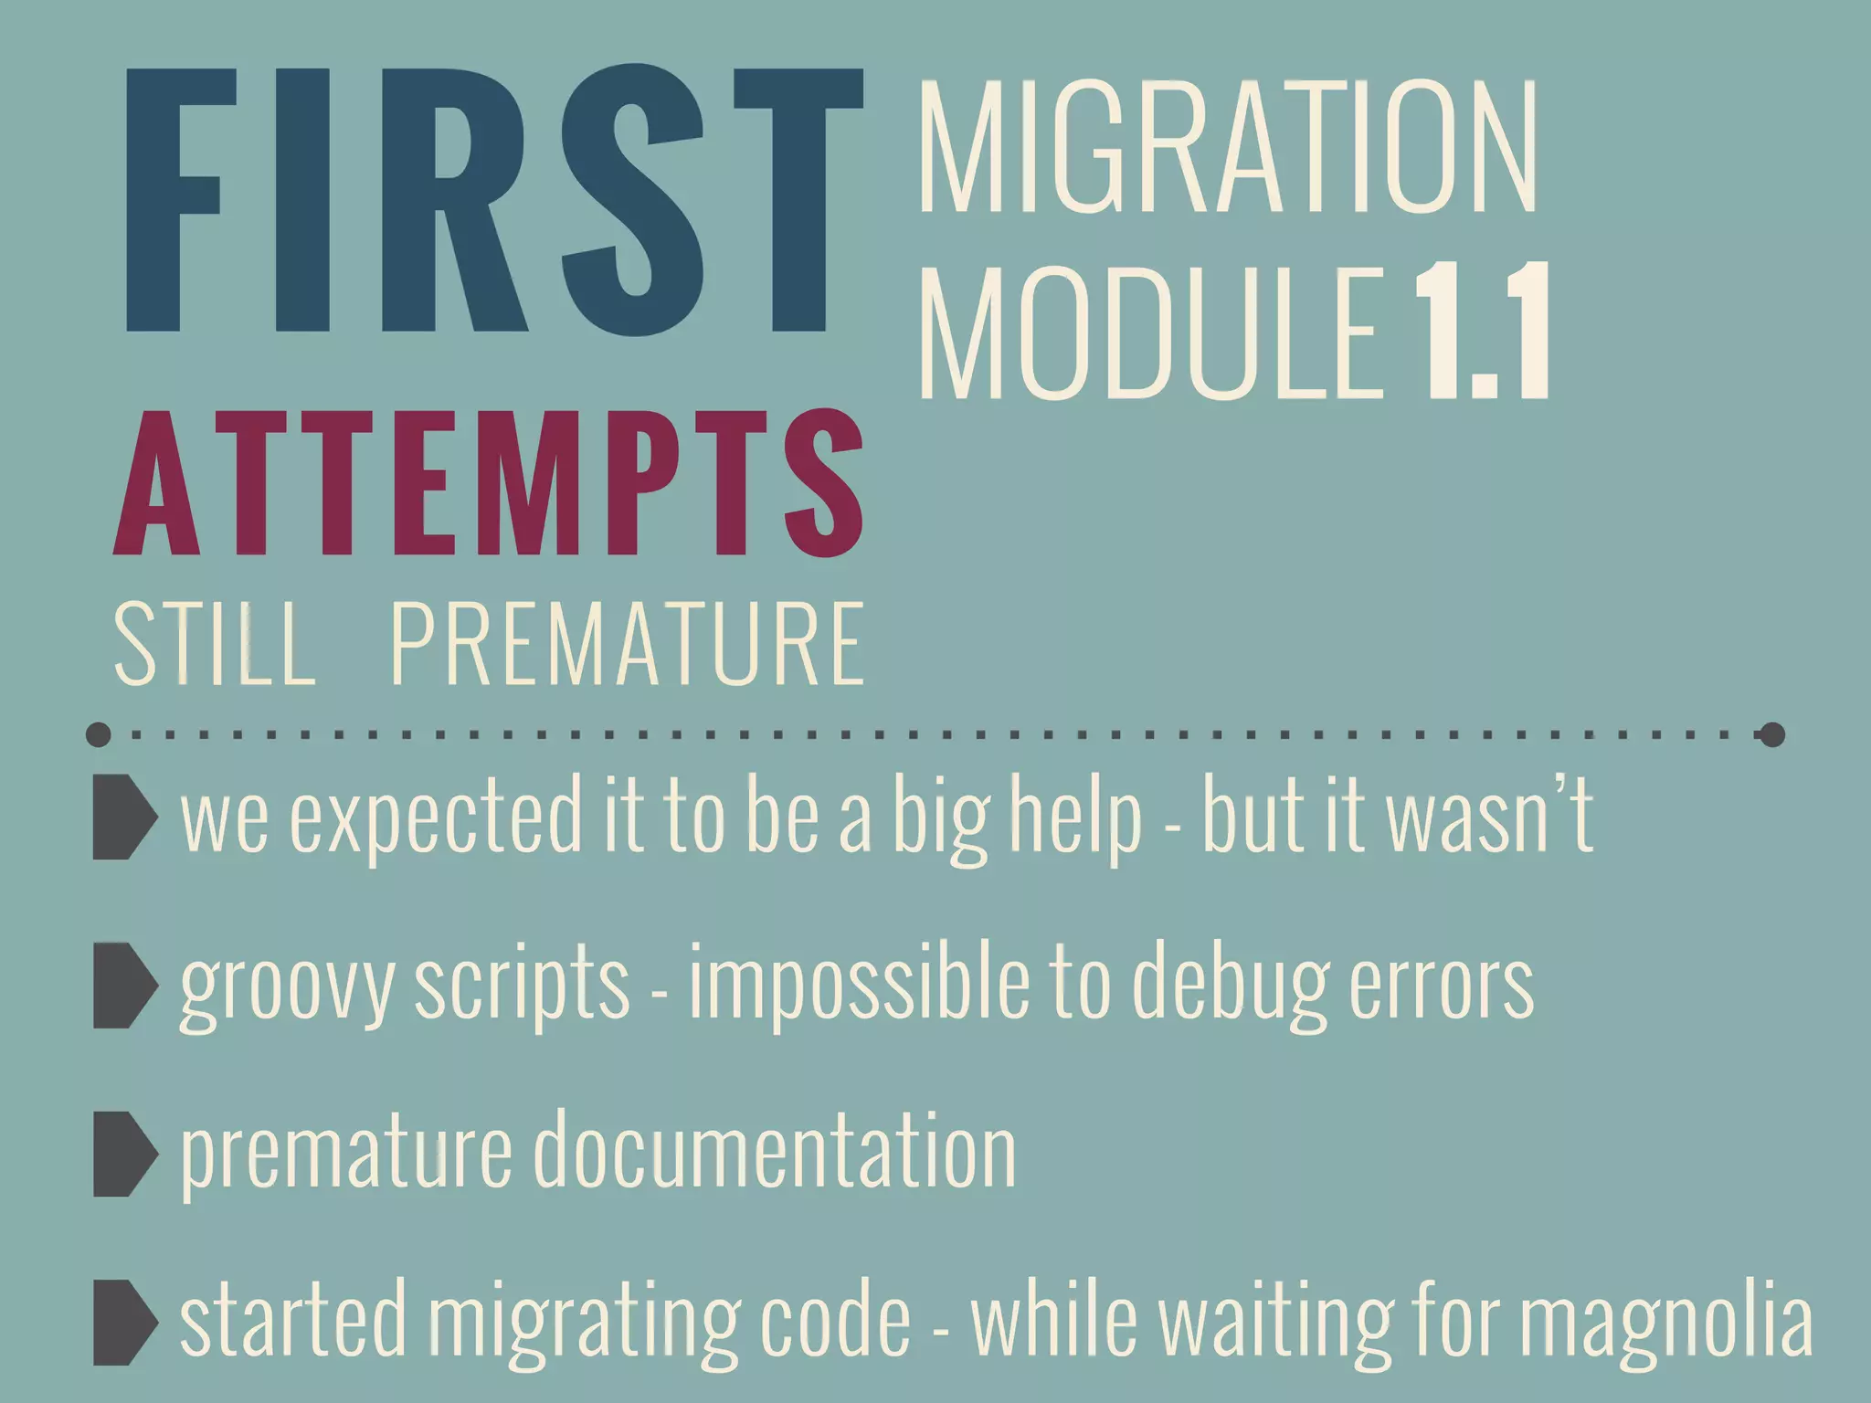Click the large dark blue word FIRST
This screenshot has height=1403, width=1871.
click(x=493, y=201)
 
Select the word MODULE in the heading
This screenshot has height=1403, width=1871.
click(x=1151, y=332)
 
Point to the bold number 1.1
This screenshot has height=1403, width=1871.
click(x=1482, y=332)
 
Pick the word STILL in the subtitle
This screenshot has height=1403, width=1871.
click(x=215, y=643)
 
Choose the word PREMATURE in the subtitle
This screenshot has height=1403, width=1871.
click(x=628, y=643)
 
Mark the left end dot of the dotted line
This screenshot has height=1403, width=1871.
click(x=98, y=734)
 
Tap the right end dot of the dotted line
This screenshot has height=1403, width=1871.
click(x=1771, y=734)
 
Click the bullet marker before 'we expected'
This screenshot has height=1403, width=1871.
click(x=124, y=817)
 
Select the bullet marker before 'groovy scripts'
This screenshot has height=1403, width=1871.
click(x=124, y=986)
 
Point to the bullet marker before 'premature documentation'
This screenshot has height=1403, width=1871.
click(x=124, y=1154)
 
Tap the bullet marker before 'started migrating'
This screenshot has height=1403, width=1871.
click(x=124, y=1322)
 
